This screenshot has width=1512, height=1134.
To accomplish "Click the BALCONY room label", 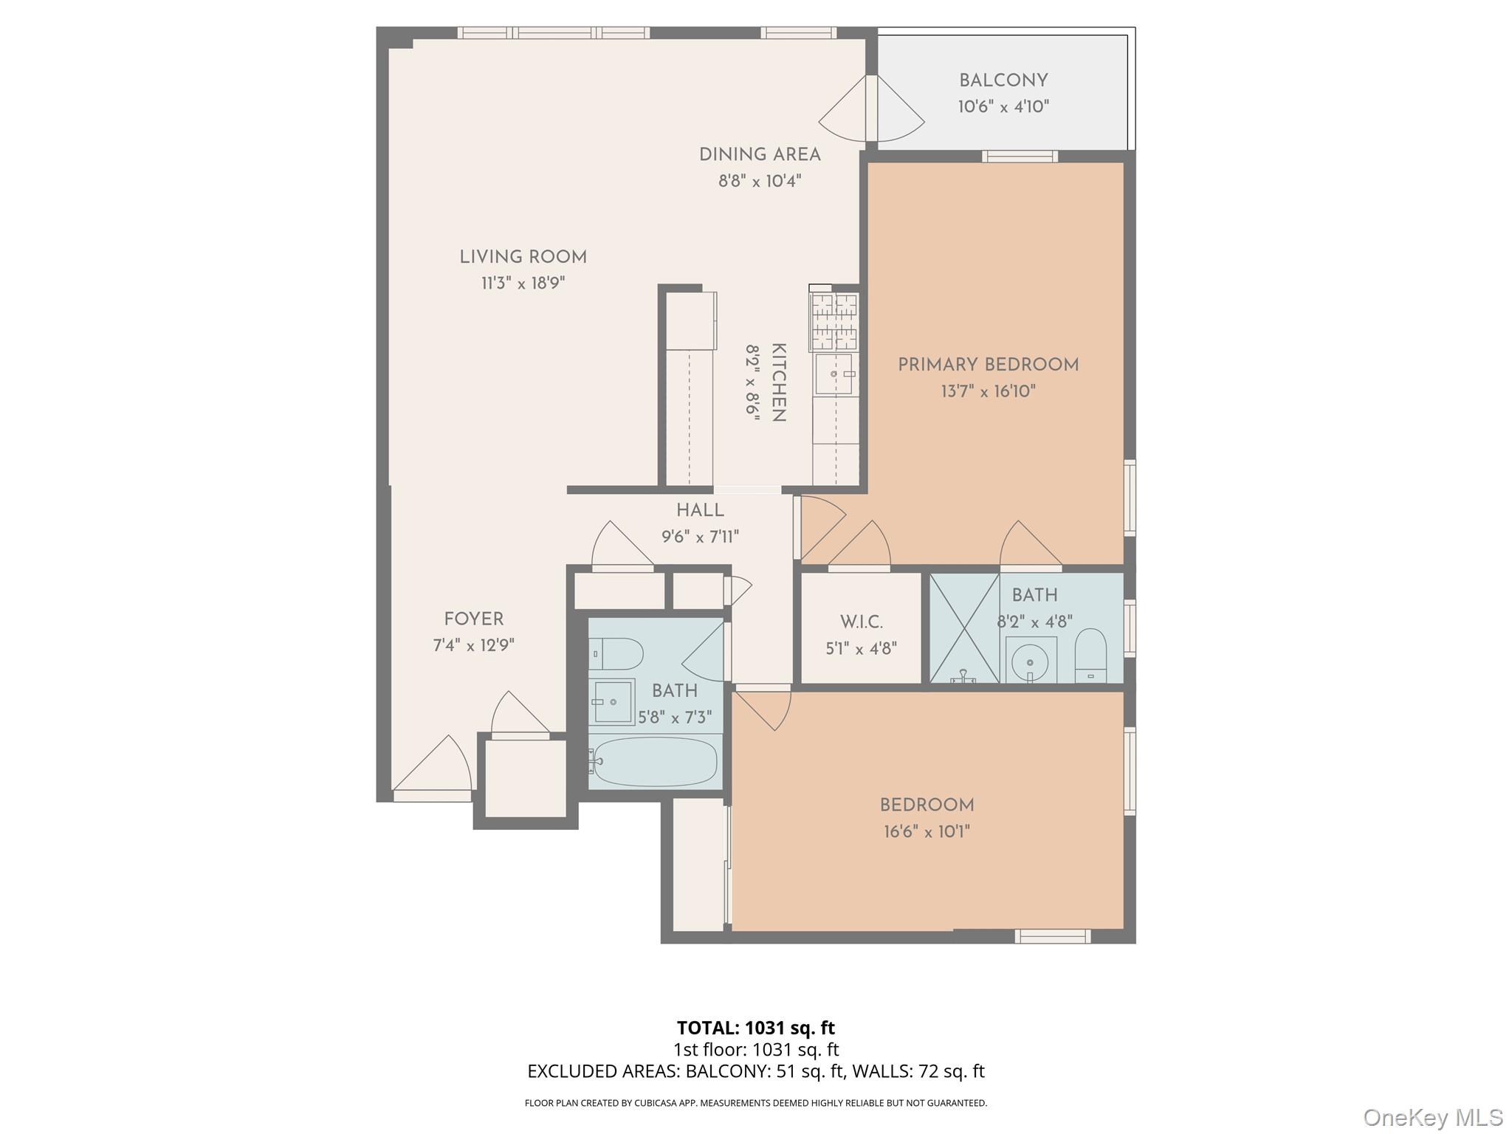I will (1003, 80).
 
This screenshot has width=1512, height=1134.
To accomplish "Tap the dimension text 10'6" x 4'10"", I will (1003, 106).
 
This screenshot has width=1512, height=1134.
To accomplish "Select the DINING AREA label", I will (760, 155).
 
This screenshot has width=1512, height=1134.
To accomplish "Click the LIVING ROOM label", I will (523, 258).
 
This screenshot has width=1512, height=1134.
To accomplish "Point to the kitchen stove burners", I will (835, 322).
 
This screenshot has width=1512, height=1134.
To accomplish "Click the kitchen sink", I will (834, 374).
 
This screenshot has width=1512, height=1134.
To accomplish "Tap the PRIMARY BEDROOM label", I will (988, 365).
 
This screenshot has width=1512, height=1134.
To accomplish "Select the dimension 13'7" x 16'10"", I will (988, 391).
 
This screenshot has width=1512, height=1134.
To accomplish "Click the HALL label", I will (700, 511).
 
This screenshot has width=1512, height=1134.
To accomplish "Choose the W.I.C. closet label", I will (861, 622).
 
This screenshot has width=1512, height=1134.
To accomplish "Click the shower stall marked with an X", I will (963, 628).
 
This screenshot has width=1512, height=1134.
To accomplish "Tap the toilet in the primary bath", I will (1090, 655).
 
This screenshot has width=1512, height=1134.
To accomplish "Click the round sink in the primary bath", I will (1029, 661).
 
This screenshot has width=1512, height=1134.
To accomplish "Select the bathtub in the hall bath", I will (654, 762).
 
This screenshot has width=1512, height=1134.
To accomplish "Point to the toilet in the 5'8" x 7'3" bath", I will (617, 653).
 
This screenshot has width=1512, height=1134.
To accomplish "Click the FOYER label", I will (473, 619).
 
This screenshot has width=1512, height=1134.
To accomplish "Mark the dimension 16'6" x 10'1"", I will (927, 832).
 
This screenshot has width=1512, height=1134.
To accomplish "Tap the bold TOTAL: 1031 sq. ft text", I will (755, 1028).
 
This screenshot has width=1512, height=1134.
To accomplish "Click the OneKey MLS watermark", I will (1432, 1117).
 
